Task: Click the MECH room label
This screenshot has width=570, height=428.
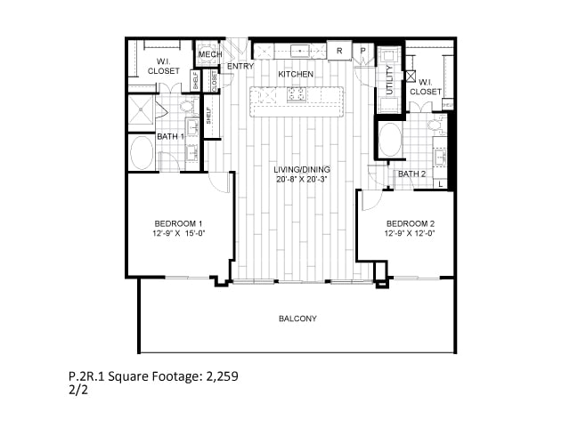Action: (x=209, y=54)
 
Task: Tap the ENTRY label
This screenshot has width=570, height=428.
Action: (x=239, y=66)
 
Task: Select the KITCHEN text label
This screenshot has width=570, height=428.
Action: (x=295, y=73)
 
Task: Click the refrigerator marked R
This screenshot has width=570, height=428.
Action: (x=339, y=51)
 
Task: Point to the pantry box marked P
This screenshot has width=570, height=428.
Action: (x=362, y=51)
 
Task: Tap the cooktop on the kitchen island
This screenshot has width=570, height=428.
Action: (x=295, y=93)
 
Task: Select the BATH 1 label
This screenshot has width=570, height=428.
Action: (x=170, y=136)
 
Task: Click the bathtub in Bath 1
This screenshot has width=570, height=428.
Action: (x=142, y=152)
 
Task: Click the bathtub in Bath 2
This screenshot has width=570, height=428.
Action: (x=390, y=140)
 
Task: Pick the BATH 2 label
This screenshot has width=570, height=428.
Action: (x=411, y=174)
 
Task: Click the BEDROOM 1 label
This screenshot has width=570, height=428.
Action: (x=179, y=223)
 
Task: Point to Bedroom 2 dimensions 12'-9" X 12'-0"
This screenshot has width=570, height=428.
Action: (x=410, y=234)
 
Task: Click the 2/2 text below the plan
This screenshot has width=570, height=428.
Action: (x=77, y=389)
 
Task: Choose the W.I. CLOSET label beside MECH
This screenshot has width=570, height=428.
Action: (x=163, y=66)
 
